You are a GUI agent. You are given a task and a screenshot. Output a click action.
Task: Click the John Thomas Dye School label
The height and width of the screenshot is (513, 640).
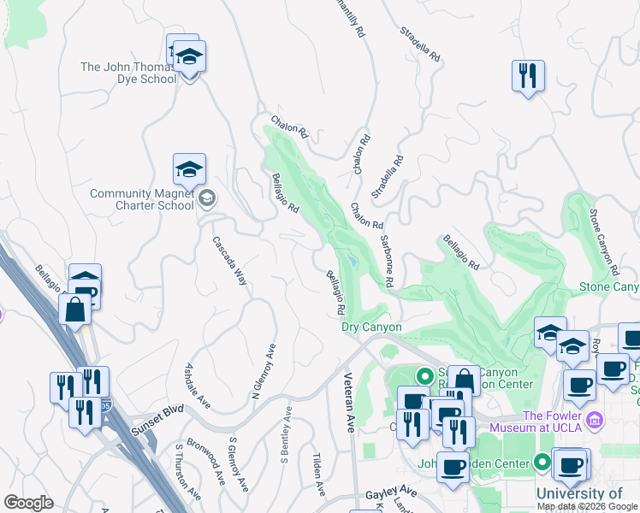128,73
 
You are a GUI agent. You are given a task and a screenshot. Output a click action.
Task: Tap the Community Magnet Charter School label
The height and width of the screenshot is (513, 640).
142,199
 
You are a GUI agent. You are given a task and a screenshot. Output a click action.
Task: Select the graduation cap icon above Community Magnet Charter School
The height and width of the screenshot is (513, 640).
189,169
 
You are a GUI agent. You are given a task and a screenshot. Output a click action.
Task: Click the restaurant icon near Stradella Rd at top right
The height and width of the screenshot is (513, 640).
528,75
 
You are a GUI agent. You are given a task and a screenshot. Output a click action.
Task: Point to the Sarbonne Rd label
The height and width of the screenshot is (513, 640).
387,261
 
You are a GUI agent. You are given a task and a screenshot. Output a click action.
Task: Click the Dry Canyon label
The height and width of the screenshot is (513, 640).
371,327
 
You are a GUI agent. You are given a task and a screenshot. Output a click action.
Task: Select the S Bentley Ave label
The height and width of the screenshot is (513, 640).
287,435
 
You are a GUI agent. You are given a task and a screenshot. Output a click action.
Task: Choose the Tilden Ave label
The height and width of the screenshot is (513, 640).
317,475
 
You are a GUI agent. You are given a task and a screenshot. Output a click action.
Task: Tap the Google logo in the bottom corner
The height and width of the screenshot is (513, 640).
28,503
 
